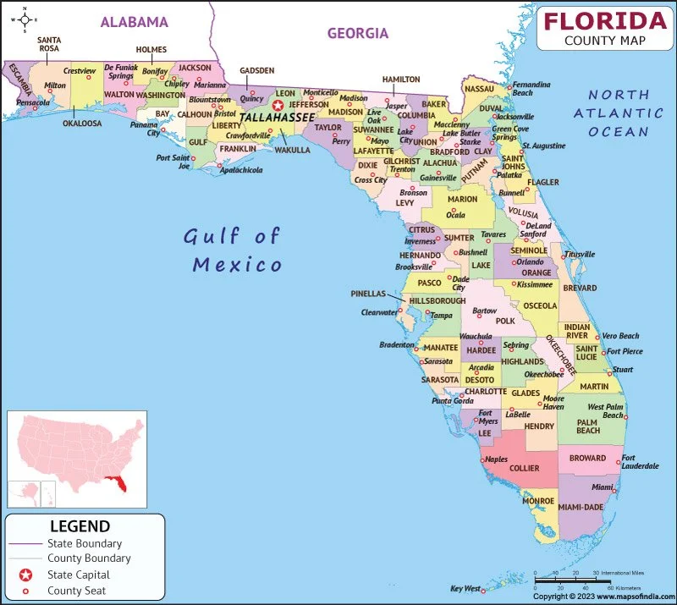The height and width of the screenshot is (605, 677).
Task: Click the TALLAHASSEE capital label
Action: (x=277, y=118)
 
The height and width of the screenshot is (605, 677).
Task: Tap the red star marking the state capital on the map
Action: (x=276, y=106)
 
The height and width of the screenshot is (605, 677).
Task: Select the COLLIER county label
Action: (x=524, y=468)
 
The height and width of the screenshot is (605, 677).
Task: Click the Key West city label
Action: (x=465, y=588)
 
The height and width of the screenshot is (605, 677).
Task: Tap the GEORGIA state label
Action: (x=358, y=34)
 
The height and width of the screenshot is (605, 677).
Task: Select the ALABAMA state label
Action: (x=134, y=22)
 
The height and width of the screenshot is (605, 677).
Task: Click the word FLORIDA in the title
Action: (x=605, y=20)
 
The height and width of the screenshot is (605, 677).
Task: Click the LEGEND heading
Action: (x=80, y=526)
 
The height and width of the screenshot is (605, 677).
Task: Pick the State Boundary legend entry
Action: (x=85, y=543)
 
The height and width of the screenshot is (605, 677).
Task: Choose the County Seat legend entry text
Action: (x=77, y=590)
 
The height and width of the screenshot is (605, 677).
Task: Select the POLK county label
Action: (x=505, y=322)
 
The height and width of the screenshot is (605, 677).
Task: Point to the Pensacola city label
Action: (x=34, y=102)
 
